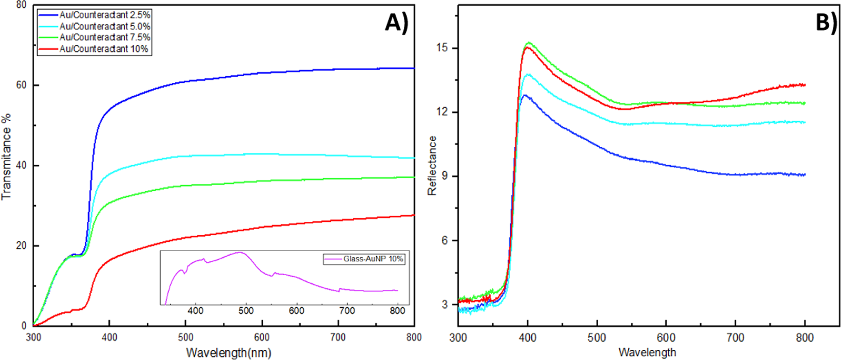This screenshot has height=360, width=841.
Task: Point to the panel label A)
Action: (x=397, y=22)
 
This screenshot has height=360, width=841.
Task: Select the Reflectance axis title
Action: (x=433, y=165)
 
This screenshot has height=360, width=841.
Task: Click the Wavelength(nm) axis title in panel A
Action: (x=229, y=353)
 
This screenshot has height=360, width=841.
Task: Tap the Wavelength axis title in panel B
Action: (x=647, y=352)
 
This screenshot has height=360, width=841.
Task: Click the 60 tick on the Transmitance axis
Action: (x=21, y=85)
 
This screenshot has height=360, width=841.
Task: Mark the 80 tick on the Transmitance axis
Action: (x=21, y=5)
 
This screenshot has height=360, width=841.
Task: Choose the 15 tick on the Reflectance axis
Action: (x=442, y=48)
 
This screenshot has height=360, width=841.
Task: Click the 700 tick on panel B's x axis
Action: (x=735, y=338)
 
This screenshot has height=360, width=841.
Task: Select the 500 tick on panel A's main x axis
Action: (x=186, y=337)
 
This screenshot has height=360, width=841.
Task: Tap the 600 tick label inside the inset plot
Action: (x=297, y=310)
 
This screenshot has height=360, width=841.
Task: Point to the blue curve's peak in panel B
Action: (x=525, y=95)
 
